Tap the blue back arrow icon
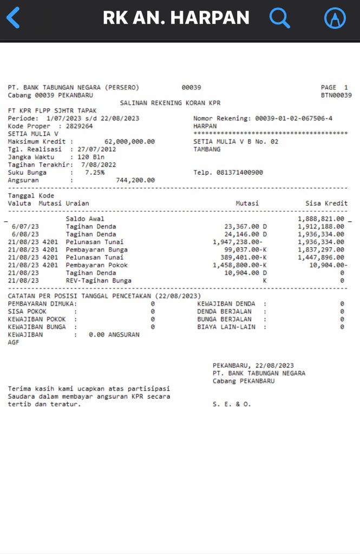(13, 18)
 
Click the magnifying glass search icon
(279, 18)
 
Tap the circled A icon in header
(335, 18)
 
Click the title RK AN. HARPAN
(176, 18)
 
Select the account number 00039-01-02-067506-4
(294, 118)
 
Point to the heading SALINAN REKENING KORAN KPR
(170, 103)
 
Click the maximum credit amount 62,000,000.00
(129, 142)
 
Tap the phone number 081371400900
(240, 173)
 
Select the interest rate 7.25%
(95, 173)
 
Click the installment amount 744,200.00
(135, 180)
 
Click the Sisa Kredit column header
(326, 203)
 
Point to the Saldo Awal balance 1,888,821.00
(320, 219)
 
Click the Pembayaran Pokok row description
(97, 265)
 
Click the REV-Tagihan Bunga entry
(99, 281)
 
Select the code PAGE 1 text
(334, 88)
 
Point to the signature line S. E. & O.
(232, 404)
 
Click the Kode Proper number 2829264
(79, 126)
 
